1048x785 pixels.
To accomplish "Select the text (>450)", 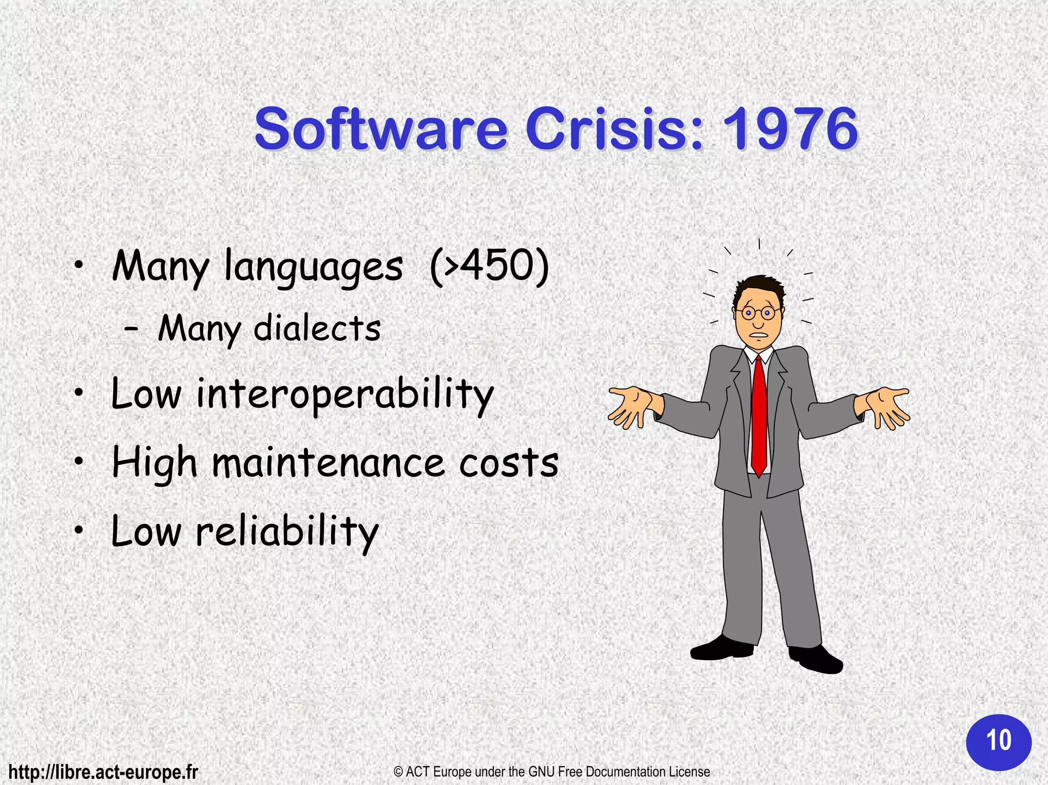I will (489, 266).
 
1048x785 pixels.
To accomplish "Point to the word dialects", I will (317, 329).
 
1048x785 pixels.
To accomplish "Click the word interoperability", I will (344, 395).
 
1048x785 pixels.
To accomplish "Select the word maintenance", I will (328, 463).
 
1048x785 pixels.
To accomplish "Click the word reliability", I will (287, 532).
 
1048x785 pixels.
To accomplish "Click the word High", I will (154, 464).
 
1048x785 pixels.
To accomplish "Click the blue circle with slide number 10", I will (998, 742).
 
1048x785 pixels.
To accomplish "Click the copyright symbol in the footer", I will (399, 772).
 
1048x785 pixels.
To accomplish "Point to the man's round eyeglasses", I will (758, 312).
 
